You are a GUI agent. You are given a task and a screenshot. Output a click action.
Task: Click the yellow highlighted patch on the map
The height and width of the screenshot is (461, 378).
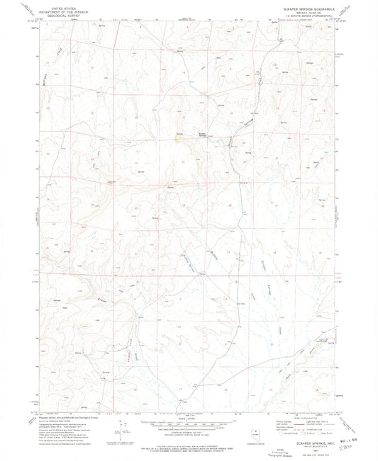(x=177, y=137)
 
